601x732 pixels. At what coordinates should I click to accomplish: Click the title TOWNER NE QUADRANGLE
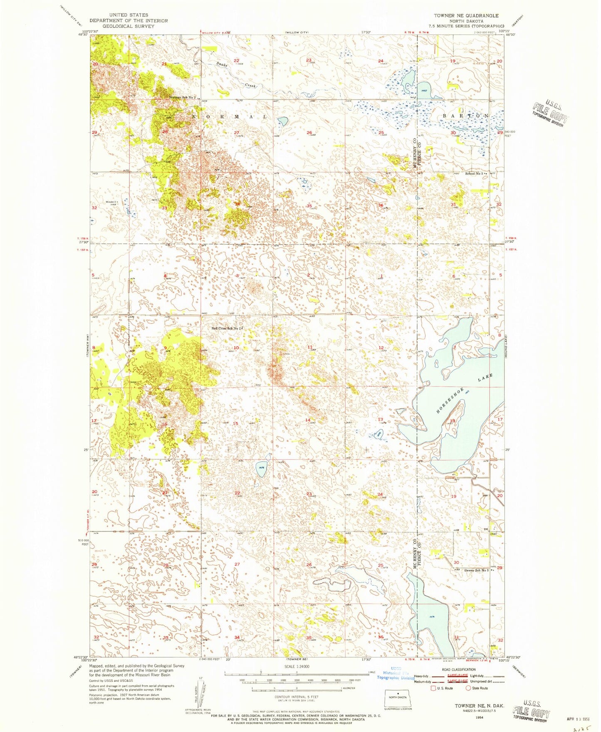click(x=466, y=15)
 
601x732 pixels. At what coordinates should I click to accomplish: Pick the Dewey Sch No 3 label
click(x=477, y=570)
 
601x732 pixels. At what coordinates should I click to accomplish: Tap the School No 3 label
click(x=476, y=173)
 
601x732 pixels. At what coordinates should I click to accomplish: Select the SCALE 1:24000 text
click(x=296, y=666)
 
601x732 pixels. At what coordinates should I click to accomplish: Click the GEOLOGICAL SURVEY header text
click(x=129, y=26)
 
